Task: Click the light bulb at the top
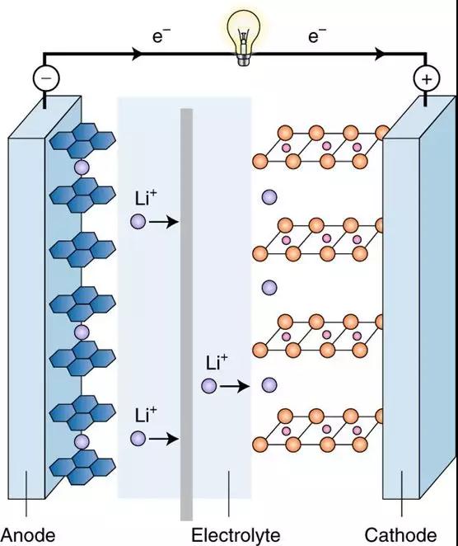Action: click(x=244, y=37)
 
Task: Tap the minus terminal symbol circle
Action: click(x=46, y=78)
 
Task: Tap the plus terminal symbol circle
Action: click(x=427, y=78)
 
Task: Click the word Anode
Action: click(x=29, y=534)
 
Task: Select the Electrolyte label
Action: click(x=236, y=534)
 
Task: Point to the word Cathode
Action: click(x=400, y=534)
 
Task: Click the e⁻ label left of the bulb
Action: click(x=161, y=35)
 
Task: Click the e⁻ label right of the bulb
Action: click(x=317, y=35)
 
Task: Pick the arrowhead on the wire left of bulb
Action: click(x=138, y=54)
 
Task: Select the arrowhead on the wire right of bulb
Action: click(x=381, y=54)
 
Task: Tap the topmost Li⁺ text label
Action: click(x=146, y=198)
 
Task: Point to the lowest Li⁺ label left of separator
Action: click(x=146, y=415)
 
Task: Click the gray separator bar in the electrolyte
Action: click(x=186, y=314)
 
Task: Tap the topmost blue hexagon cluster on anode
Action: click(x=82, y=140)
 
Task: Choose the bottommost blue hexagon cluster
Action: click(x=82, y=468)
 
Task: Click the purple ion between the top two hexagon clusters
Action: click(x=82, y=167)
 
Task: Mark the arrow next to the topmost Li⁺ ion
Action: click(x=163, y=222)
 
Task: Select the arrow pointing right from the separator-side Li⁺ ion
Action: click(x=235, y=386)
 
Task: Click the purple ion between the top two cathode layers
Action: click(x=269, y=197)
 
